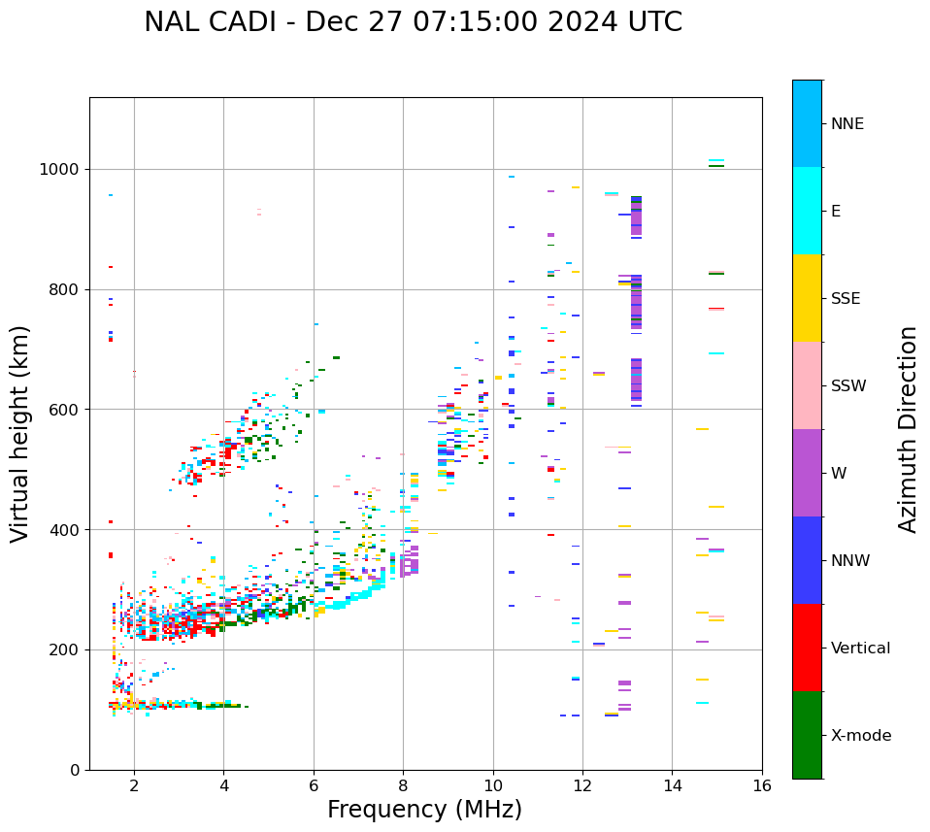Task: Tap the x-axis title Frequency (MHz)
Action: coord(424,810)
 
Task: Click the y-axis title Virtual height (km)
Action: coord(20,433)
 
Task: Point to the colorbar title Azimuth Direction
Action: coord(908,429)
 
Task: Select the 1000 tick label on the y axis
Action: coord(61,170)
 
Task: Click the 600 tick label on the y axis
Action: coord(65,410)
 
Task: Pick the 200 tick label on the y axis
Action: coord(65,649)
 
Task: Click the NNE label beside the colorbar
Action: coord(847,124)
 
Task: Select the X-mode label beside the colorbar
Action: coord(860,736)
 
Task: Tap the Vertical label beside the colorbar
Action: coord(860,649)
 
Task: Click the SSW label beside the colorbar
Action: coord(848,386)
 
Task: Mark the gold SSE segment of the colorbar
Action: coord(807,298)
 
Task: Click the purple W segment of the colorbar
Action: coord(807,473)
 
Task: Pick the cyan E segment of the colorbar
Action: coord(807,211)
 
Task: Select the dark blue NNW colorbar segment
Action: coord(807,560)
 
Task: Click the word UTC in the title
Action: coord(652,22)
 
